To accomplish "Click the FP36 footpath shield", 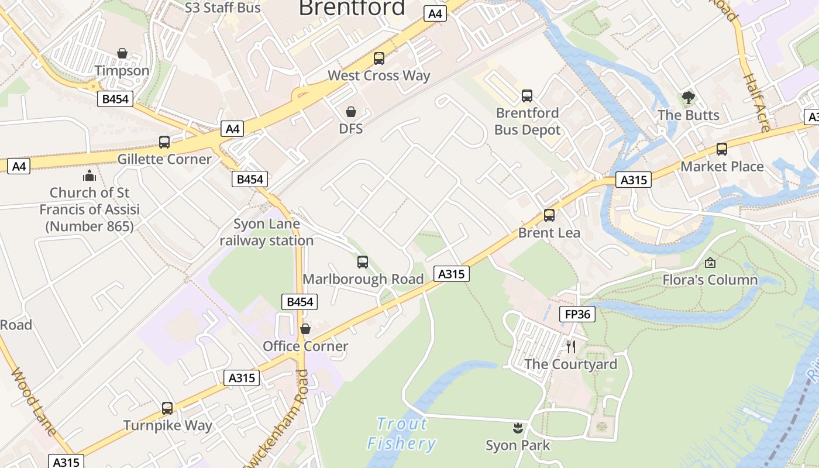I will click(x=577, y=314).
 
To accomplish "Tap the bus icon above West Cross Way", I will click(x=379, y=58).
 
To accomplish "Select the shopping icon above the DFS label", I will click(x=351, y=111).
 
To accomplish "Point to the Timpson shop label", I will click(x=122, y=71).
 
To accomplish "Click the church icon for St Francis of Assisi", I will click(x=90, y=175).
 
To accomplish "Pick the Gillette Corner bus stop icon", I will click(x=164, y=142).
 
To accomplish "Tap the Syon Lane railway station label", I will click(x=267, y=232).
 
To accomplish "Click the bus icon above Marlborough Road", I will click(x=363, y=262).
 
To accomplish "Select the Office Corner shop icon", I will click(x=305, y=329).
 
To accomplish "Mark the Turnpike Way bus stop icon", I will click(x=167, y=408).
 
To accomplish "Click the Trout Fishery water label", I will click(x=402, y=433).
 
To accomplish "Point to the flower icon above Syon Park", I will click(x=518, y=428).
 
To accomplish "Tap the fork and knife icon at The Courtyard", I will click(x=571, y=346).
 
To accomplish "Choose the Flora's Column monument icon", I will click(x=710, y=263).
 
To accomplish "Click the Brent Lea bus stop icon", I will click(x=549, y=215).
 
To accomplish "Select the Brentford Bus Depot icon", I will click(x=527, y=95).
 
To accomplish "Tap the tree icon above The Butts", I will click(x=689, y=97).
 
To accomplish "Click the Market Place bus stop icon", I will click(x=722, y=149).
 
